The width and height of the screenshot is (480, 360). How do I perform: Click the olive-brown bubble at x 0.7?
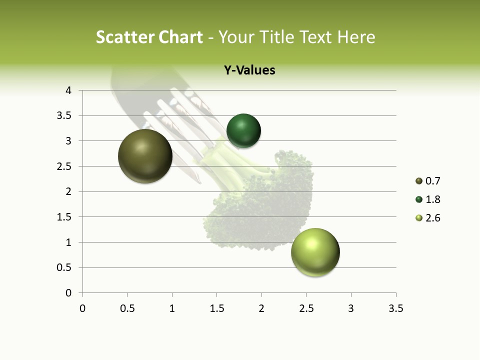pos(145,156)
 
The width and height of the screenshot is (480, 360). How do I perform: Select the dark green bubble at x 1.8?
pos(243,130)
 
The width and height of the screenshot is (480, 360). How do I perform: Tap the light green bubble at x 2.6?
pos(315,252)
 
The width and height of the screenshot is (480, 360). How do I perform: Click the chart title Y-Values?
pos(249,70)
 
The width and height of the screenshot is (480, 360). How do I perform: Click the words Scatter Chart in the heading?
pos(149,37)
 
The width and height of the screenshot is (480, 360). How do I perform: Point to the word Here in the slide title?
pos(356,37)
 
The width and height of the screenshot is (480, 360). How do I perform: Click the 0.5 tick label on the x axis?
pos(127,308)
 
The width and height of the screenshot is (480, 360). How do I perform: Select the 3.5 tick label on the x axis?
pos(395,308)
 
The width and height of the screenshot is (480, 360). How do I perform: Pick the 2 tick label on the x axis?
pos(261,308)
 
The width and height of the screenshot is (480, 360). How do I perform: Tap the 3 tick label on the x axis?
pos(351,308)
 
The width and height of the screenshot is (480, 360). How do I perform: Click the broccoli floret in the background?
pos(265,205)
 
